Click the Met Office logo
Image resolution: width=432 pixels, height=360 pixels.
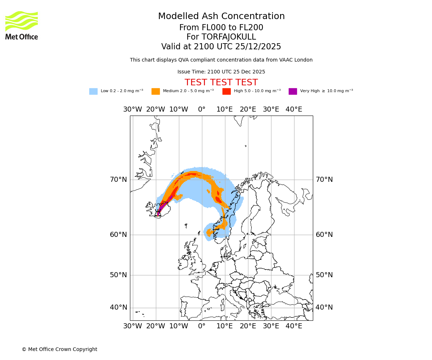(22, 25)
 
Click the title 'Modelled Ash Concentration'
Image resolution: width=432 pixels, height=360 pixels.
(221, 16)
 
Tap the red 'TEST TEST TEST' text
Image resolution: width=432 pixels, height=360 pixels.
(221, 82)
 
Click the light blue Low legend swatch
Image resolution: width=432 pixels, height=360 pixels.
(93, 91)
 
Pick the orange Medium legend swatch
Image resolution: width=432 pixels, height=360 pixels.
(156, 91)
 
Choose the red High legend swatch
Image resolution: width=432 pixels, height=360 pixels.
(226, 91)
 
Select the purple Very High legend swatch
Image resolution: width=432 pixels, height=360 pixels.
(293, 91)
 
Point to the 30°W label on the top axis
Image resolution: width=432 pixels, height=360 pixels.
(132, 109)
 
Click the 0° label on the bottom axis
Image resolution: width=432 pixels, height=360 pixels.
(202, 326)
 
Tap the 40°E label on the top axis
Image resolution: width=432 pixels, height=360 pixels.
(294, 109)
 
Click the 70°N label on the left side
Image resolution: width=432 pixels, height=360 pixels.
(118, 180)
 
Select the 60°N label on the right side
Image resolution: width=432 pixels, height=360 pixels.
(324, 235)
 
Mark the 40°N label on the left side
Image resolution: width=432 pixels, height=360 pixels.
(118, 307)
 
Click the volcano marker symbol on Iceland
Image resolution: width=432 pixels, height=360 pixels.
(158, 213)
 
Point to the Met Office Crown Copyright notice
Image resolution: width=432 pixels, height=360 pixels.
(59, 349)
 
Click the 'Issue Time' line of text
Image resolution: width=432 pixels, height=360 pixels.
(221, 72)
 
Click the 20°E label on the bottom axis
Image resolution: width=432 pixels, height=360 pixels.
(248, 326)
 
